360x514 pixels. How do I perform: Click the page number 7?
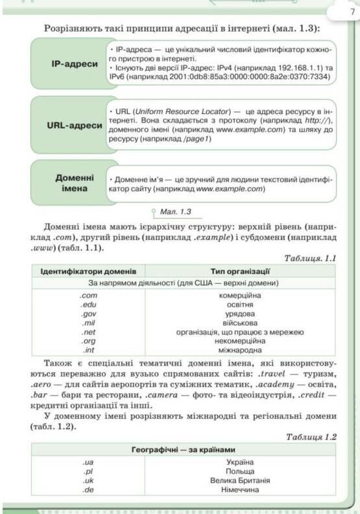341,12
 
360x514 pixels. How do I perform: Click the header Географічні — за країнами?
184,450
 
